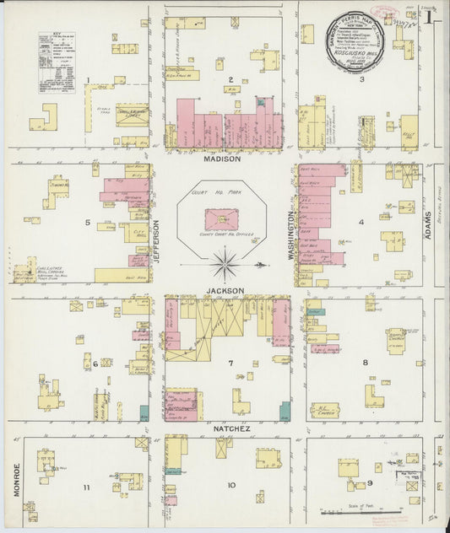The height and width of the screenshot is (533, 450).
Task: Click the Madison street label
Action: (x=222, y=158)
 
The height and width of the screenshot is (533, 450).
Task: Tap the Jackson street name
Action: (x=225, y=290)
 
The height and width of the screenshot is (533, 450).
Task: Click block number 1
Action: (x=87, y=81)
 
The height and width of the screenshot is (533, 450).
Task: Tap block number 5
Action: (x=87, y=223)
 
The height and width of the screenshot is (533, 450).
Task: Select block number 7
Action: (x=230, y=363)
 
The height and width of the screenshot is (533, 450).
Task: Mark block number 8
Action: (x=365, y=363)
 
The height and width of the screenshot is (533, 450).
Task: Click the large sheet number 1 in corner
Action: (x=430, y=16)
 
